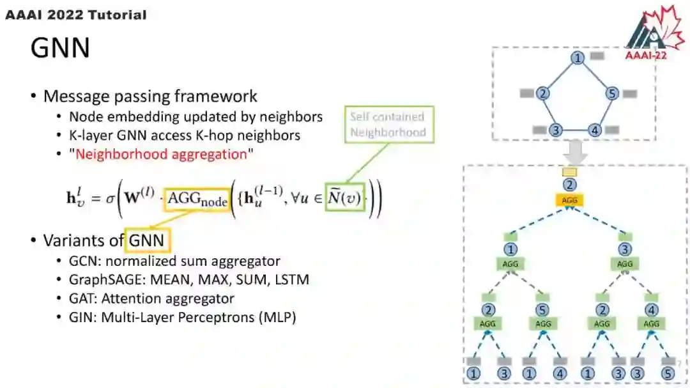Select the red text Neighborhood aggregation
161,154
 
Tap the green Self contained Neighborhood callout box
387,125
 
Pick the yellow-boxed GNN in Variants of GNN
148,240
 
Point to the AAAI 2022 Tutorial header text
75,14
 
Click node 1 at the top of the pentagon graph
578,58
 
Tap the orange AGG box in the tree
569,199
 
